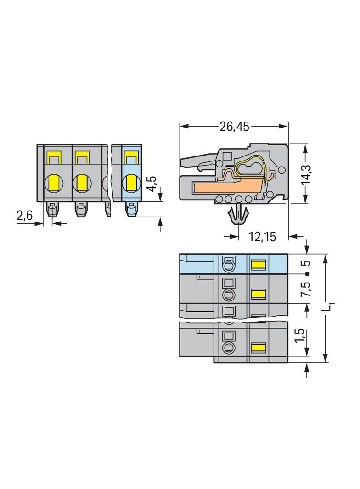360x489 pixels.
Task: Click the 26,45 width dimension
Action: click(234, 126)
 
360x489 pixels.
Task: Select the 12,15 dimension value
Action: click(262, 237)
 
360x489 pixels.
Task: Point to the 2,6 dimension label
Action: click(24, 216)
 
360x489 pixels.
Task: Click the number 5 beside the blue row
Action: click(308, 263)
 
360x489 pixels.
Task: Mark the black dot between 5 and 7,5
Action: click(307, 274)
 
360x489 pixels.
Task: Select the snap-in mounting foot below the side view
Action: click(239, 213)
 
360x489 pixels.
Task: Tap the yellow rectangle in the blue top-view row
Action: click(259, 265)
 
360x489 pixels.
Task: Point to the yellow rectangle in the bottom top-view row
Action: click(259, 347)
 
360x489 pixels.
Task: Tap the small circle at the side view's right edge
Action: click(282, 170)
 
